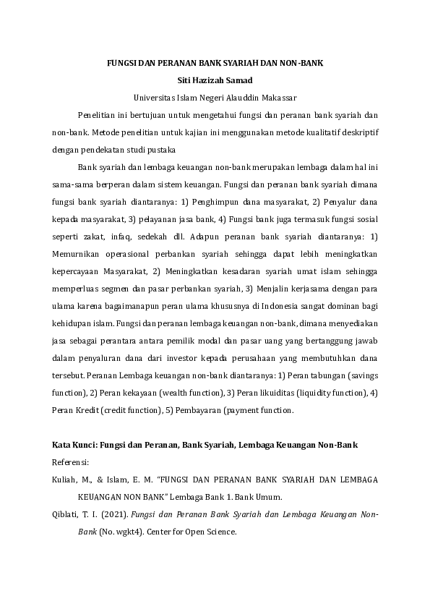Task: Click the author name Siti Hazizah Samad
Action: coord(215,80)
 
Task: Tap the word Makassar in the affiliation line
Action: coord(278,97)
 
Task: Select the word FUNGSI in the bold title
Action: coord(121,63)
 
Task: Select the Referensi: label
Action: coord(69,461)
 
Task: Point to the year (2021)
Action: coord(120,514)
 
